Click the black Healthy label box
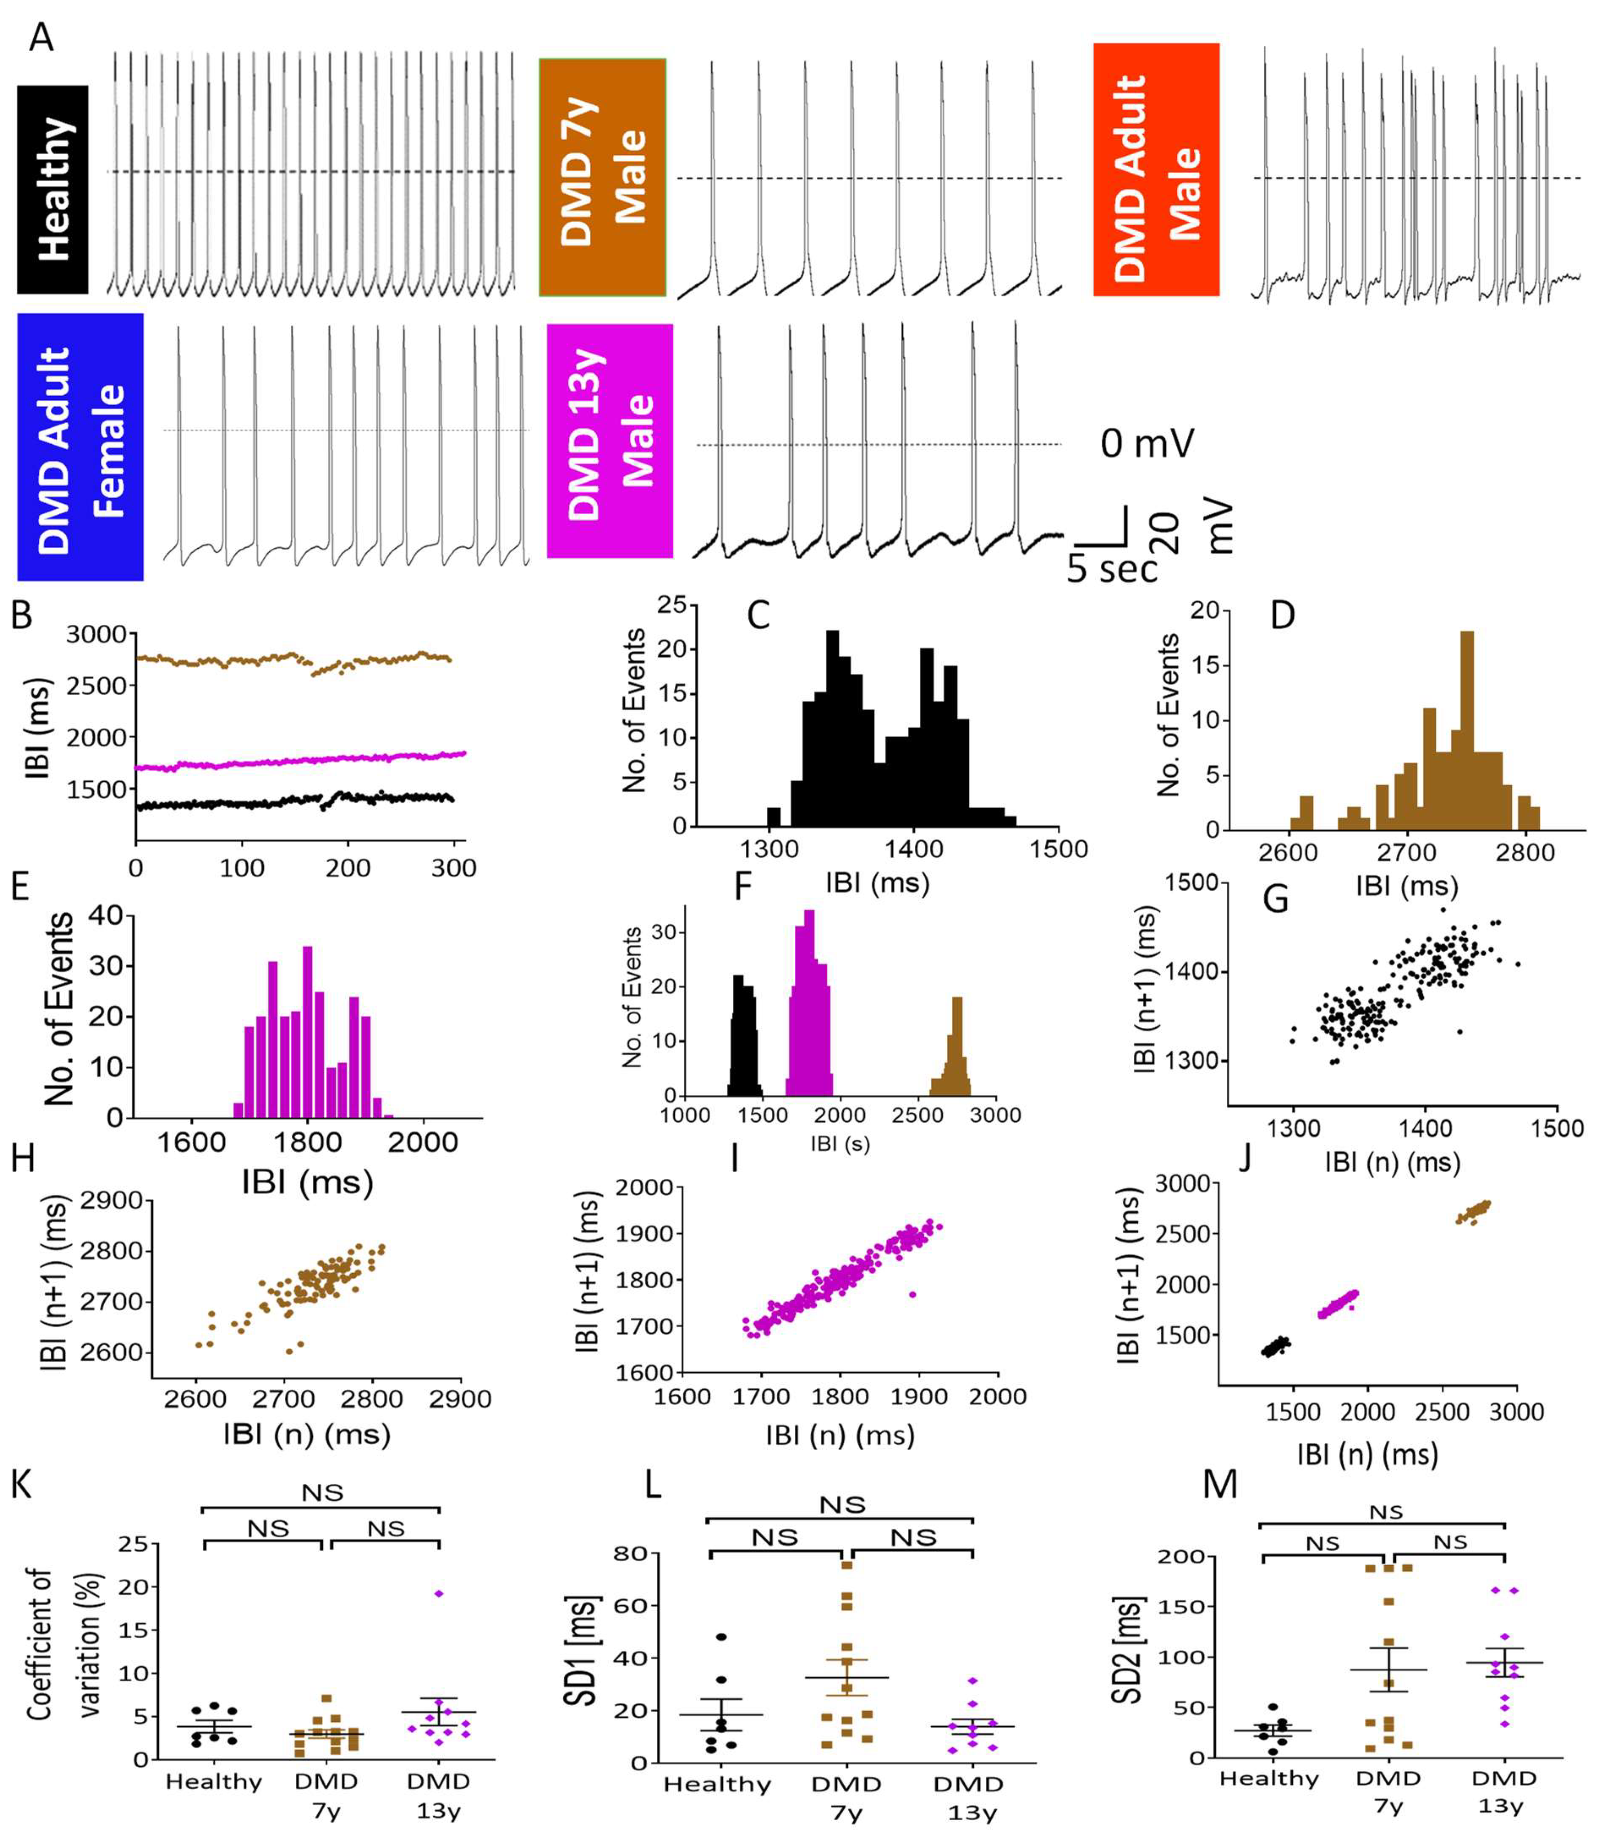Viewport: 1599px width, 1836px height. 53,189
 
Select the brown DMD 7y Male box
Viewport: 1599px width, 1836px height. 602,177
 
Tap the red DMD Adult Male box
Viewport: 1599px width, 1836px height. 1156,170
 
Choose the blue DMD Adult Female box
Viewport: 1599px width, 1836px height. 80,446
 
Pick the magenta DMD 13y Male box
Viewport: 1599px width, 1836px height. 610,441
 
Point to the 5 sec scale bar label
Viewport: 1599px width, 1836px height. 1112,569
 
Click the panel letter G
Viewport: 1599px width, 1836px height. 1276,899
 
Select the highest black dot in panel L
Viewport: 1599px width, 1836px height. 721,1637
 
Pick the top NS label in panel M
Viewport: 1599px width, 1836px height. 1386,1512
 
